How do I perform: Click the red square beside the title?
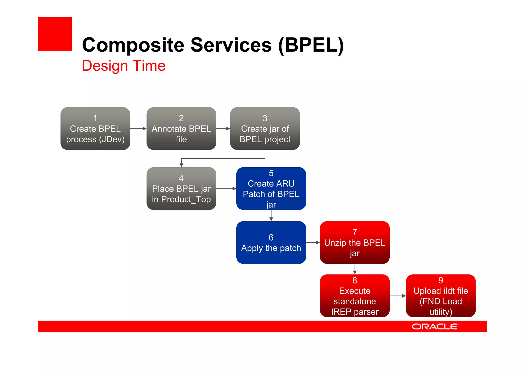(x=55, y=34)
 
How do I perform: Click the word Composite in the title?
(x=133, y=45)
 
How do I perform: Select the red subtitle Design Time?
(x=124, y=66)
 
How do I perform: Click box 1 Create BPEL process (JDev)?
(x=95, y=129)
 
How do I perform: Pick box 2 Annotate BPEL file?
(x=181, y=129)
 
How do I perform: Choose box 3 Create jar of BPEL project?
(x=265, y=129)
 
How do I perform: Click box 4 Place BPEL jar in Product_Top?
(x=181, y=189)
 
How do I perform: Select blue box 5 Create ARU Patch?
(x=271, y=189)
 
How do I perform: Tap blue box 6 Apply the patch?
(x=271, y=243)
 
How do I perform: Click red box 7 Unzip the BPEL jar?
(x=355, y=243)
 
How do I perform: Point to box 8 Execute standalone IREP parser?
(x=355, y=296)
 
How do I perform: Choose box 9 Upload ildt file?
(x=441, y=296)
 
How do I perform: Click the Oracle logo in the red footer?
(x=435, y=327)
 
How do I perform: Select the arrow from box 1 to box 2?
(x=138, y=129)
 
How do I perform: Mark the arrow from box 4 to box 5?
(x=226, y=189)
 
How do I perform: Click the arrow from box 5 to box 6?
(x=271, y=215)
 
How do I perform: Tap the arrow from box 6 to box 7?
(x=313, y=243)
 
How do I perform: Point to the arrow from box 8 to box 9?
(x=398, y=296)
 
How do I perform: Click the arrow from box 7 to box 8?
(x=355, y=269)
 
